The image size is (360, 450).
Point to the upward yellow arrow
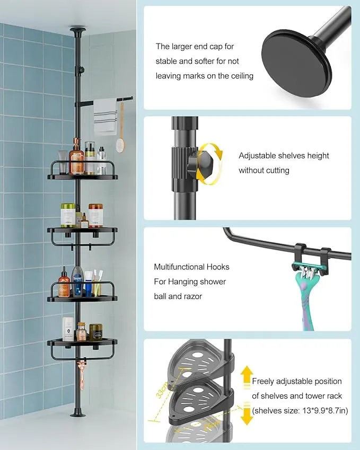point(246,378)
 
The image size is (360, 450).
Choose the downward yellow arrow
point(246,416)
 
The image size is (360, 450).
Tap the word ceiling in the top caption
point(240,76)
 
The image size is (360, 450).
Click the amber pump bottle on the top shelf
point(77,158)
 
